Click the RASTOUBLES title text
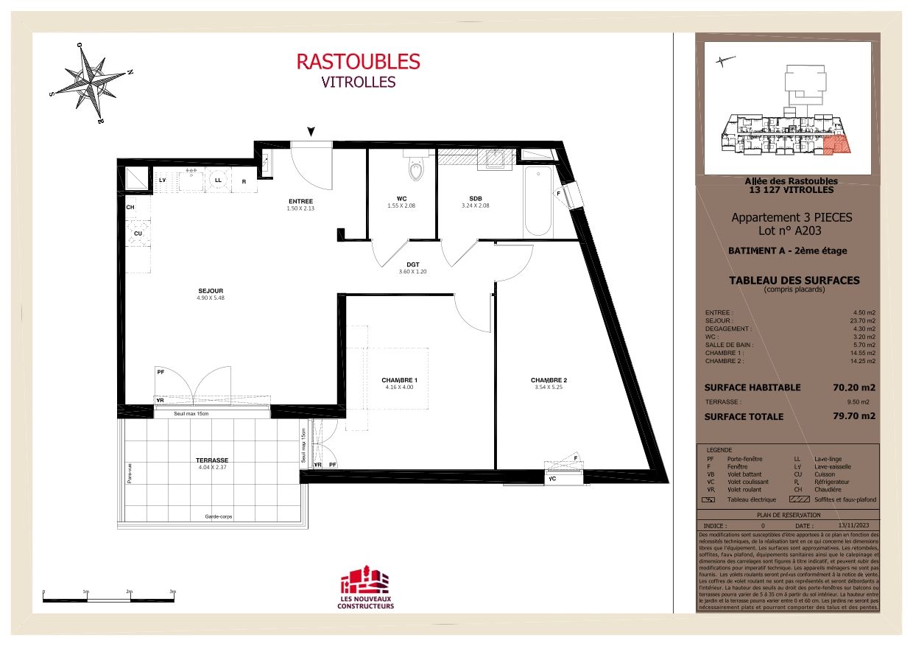pos(358,61)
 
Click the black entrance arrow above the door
pos(311,132)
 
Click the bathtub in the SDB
pos(537,201)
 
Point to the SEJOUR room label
pos(210,291)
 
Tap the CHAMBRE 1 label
pos(399,380)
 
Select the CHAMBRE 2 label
pos(549,380)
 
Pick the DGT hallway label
pos(412,264)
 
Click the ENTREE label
pos(300,201)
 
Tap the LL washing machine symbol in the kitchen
pos(219,179)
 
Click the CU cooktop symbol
pos(138,234)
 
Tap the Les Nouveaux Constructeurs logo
pos(365,589)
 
